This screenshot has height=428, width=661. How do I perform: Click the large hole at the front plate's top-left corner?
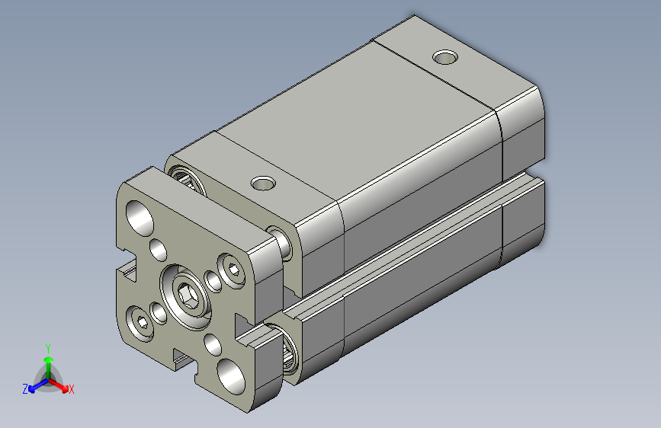[x=140, y=215]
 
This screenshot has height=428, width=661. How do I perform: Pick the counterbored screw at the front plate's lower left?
[x=142, y=321]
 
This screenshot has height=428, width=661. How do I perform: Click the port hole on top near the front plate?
[x=264, y=183]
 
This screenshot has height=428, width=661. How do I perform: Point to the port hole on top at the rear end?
[x=445, y=56]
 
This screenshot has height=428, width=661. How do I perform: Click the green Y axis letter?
[x=47, y=347]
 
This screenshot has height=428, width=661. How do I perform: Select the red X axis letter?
[x=72, y=390]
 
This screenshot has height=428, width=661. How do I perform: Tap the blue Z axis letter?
[x=25, y=389]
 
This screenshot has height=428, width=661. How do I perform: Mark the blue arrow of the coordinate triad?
[x=34, y=385]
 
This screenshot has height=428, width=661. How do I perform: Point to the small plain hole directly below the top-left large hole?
[x=159, y=249]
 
